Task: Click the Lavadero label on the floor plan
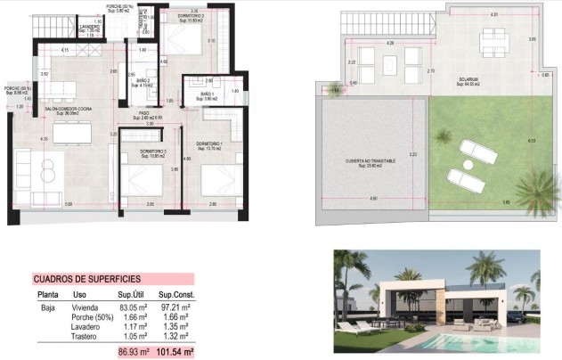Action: tap(89, 27)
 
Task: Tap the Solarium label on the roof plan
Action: tap(471, 79)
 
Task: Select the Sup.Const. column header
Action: tap(176, 295)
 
